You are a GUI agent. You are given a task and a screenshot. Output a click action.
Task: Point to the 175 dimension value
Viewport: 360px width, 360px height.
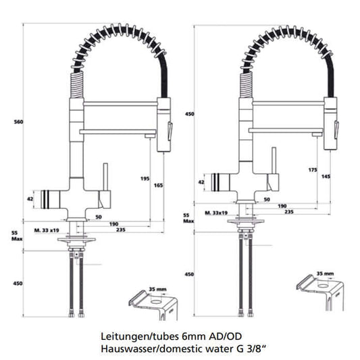[312, 169]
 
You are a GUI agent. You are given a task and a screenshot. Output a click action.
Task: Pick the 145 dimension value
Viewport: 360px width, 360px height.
[326, 176]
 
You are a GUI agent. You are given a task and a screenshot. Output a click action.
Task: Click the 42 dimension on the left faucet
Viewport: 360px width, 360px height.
[29, 199]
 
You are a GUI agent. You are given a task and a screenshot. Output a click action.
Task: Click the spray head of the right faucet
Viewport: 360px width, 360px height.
[331, 122]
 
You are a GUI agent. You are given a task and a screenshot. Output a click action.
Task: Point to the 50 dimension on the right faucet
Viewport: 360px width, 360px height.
[267, 200]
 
